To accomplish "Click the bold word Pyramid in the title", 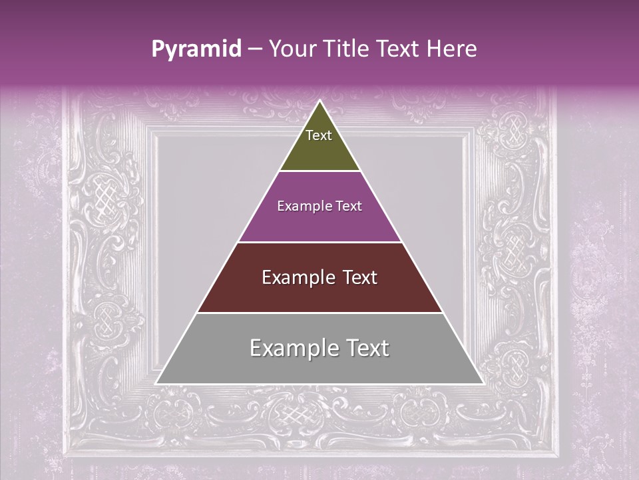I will click(x=196, y=49).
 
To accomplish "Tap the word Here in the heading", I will click(x=452, y=49).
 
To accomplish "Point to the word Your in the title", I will click(x=294, y=49).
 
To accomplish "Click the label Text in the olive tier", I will click(x=319, y=135).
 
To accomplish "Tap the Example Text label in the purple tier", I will click(x=319, y=206).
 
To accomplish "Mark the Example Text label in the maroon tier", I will click(x=319, y=277).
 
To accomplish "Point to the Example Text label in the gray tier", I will click(x=319, y=348).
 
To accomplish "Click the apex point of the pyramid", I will click(x=319, y=101).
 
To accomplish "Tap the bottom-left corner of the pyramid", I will click(x=157, y=383).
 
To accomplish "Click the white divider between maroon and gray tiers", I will click(x=319, y=313).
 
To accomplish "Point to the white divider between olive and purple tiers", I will click(x=319, y=171).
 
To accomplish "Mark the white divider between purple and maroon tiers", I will click(x=319, y=242).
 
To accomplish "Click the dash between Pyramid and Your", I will click(x=255, y=49).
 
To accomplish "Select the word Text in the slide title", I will click(x=399, y=49).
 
